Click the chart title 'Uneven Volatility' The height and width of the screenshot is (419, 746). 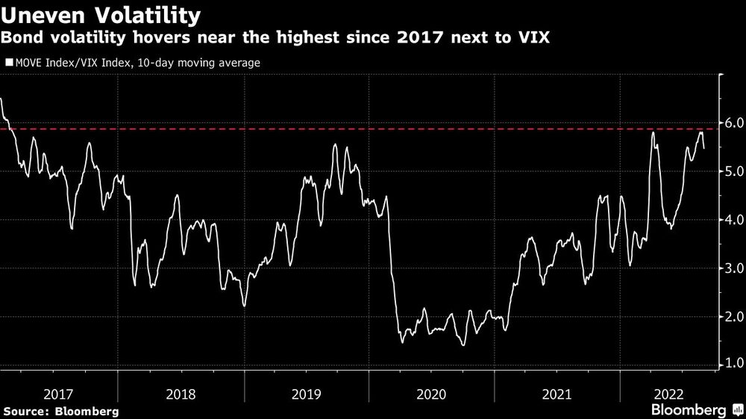[101, 14]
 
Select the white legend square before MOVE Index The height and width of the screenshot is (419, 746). [8, 63]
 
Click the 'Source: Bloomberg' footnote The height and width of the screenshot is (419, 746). [60, 411]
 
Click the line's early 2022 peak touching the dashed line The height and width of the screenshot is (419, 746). [652, 132]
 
